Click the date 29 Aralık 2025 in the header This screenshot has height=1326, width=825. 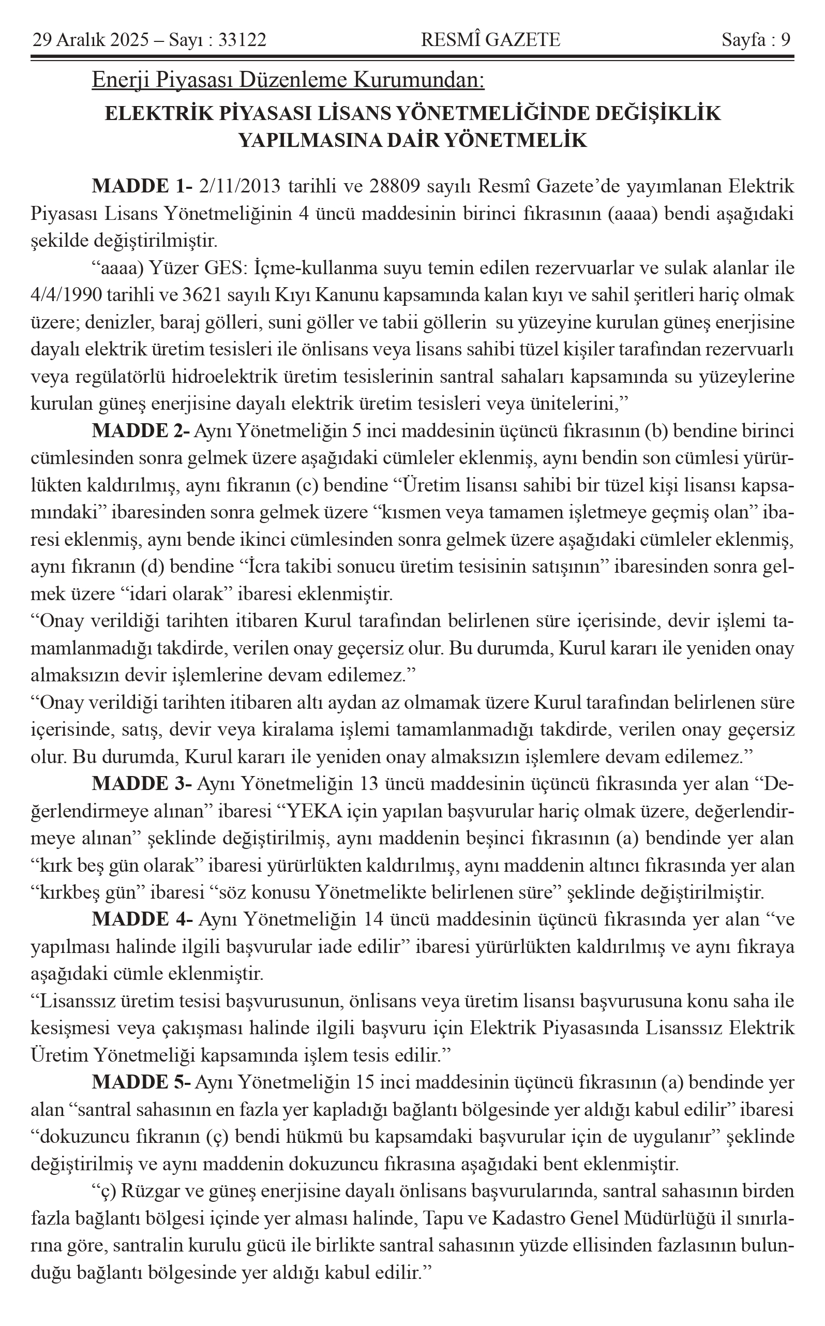point(90,40)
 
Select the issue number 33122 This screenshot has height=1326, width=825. point(242,40)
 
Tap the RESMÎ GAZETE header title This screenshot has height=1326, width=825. point(490,40)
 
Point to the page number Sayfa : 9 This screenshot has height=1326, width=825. point(756,40)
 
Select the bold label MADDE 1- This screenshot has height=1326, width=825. point(142,186)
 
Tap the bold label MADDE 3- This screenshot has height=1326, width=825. point(141,784)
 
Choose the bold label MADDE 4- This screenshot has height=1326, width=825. point(142,919)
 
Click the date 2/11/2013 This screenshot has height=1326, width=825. point(240,186)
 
